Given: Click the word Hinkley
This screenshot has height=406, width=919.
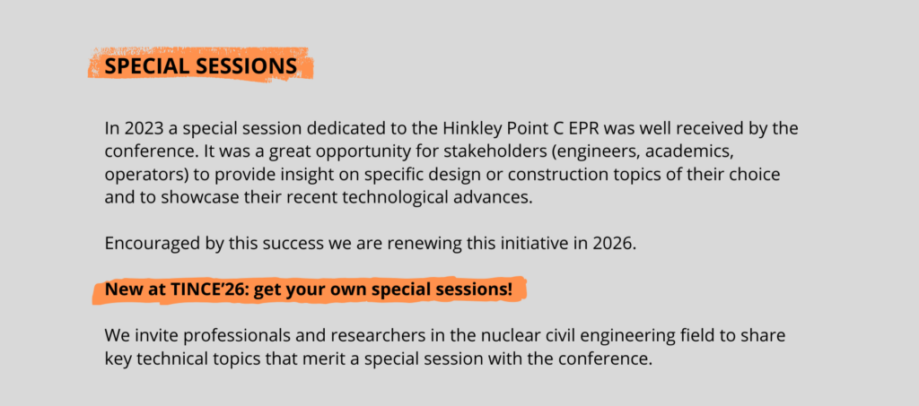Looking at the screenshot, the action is [470, 128].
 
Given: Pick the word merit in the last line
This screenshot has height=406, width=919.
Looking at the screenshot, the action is [326, 358].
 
